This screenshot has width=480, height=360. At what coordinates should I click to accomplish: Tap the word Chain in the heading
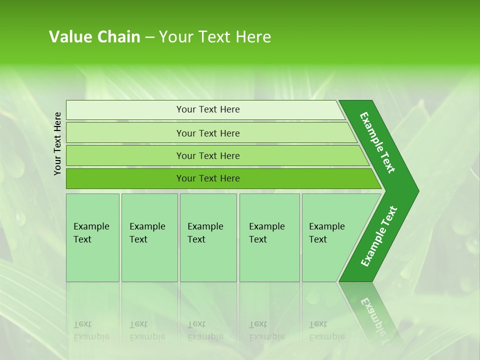click(x=118, y=37)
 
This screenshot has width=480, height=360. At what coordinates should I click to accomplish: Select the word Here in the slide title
click(x=253, y=37)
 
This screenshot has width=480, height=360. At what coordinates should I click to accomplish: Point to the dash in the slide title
click(x=149, y=37)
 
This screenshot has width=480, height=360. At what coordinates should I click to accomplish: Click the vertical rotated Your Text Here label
click(x=57, y=143)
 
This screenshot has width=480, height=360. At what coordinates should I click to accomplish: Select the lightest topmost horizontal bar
click(x=208, y=109)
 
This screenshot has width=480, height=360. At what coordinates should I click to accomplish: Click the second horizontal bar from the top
click(x=208, y=133)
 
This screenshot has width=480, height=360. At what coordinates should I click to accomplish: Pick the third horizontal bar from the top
click(x=208, y=155)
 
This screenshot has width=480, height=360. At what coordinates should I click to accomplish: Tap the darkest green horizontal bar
click(x=208, y=178)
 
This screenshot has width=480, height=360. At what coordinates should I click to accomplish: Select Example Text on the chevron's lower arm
click(x=378, y=236)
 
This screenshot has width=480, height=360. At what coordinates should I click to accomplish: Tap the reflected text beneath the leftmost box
click(x=91, y=330)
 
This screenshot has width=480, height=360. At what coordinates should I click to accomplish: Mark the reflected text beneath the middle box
click(x=205, y=330)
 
